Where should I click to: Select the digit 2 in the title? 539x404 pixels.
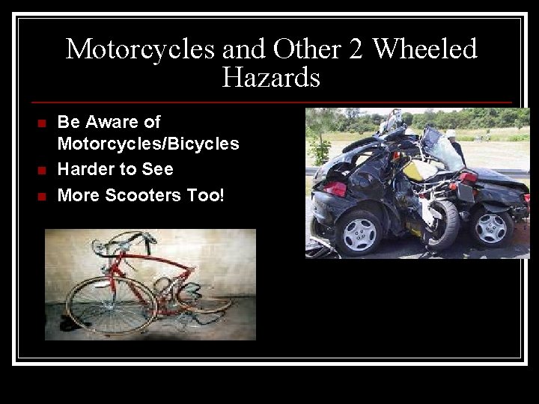point(355,49)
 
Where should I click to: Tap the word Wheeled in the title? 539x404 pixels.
point(424,49)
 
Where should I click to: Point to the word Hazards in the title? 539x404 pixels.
point(271,77)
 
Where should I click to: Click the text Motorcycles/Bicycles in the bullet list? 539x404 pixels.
point(148,144)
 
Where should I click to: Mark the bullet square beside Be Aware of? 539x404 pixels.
point(42,123)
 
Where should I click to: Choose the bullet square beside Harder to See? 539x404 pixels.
point(42,171)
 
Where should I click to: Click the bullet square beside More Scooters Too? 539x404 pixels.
point(42,197)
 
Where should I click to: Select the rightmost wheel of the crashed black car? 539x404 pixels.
point(492,227)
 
